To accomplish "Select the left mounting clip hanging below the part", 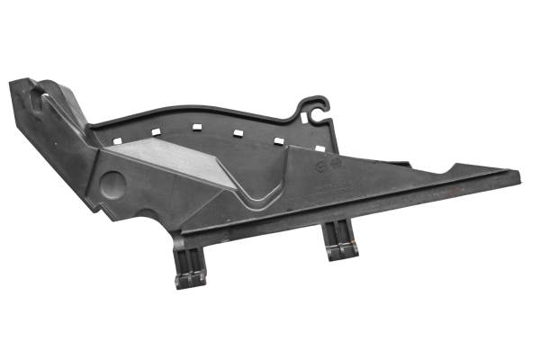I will click(190, 267).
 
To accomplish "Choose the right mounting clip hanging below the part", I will click(341, 241).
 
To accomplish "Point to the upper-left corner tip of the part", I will click(13, 83).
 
